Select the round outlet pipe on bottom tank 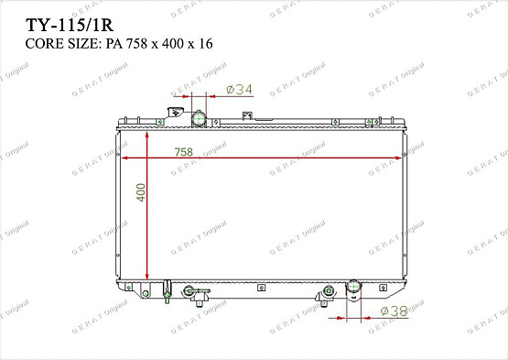tap(351, 291)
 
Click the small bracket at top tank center tap(245, 116)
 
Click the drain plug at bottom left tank tap(167, 292)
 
